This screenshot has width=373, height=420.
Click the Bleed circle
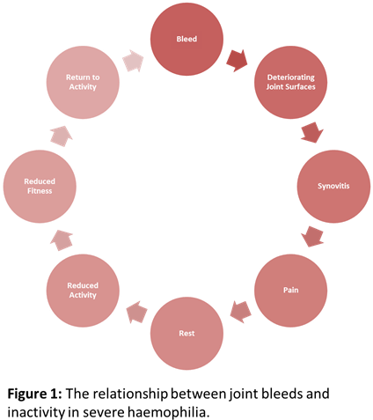(x=186, y=40)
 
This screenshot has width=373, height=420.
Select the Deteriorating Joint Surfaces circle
(x=290, y=83)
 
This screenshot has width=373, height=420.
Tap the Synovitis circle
(x=333, y=186)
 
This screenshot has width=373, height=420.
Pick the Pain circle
(x=290, y=289)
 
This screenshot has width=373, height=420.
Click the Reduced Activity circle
(x=83, y=290)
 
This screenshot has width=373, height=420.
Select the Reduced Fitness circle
(x=40, y=186)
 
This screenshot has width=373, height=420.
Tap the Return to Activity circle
(x=83, y=83)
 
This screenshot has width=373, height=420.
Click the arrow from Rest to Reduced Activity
(x=135, y=311)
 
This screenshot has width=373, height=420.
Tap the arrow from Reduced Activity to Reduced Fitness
(x=62, y=239)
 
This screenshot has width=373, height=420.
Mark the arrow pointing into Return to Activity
(x=61, y=135)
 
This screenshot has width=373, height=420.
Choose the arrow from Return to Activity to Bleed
(x=134, y=61)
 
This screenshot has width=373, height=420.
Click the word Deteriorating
(x=290, y=77)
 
